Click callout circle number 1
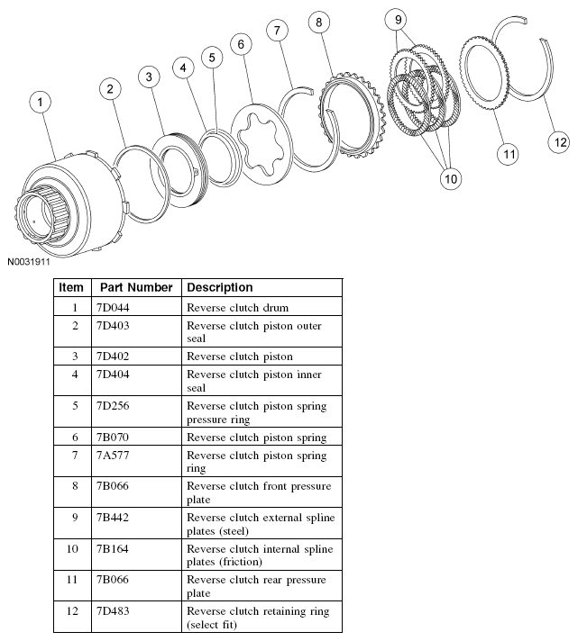(x=40, y=102)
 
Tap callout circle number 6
(x=239, y=44)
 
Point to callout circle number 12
(x=560, y=141)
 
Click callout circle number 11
(x=509, y=154)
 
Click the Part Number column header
(x=136, y=287)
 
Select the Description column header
(x=220, y=287)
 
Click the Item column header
(x=70, y=287)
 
